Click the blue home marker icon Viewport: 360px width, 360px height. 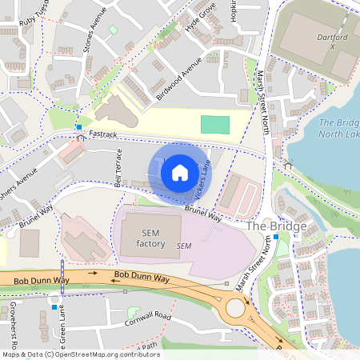click(x=180, y=172)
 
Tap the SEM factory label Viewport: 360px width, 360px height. click(x=150, y=238)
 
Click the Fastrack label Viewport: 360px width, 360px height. click(x=103, y=134)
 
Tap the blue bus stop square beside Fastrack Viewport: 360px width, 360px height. click(x=78, y=127)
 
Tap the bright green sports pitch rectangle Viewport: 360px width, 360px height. click(x=214, y=124)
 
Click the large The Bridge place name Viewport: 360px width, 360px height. click(x=277, y=226)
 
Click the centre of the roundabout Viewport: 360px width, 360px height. click(x=236, y=308)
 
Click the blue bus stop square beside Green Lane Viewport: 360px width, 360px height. click(x=54, y=306)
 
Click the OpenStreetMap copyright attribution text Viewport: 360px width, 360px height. click(x=80, y=354)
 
